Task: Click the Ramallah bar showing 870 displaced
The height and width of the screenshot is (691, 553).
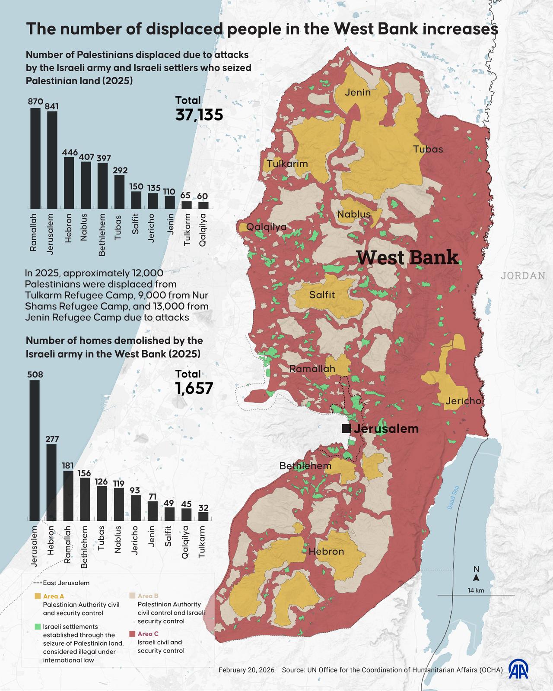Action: [x=35, y=158]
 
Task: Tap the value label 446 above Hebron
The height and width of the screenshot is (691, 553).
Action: [x=70, y=152]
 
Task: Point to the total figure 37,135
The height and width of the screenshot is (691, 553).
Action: [x=199, y=115]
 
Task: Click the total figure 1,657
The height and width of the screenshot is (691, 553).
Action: [x=194, y=388]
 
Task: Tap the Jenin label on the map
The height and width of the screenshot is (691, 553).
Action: [x=358, y=92]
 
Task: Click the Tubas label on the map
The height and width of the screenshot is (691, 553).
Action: [x=428, y=149]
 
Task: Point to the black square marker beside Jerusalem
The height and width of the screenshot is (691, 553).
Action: [x=346, y=428]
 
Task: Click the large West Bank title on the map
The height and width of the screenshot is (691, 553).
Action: [x=407, y=257]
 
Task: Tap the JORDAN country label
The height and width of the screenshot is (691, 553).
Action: [x=523, y=276]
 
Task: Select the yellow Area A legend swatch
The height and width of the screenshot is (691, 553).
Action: [x=38, y=596]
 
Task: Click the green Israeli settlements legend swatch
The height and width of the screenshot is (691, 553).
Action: [x=38, y=626]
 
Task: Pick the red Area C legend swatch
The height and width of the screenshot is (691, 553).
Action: [x=133, y=634]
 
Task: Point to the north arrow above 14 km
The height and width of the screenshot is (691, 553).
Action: [x=476, y=577]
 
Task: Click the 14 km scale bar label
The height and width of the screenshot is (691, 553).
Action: [x=476, y=590]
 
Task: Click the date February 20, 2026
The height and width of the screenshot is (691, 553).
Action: [x=246, y=670]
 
